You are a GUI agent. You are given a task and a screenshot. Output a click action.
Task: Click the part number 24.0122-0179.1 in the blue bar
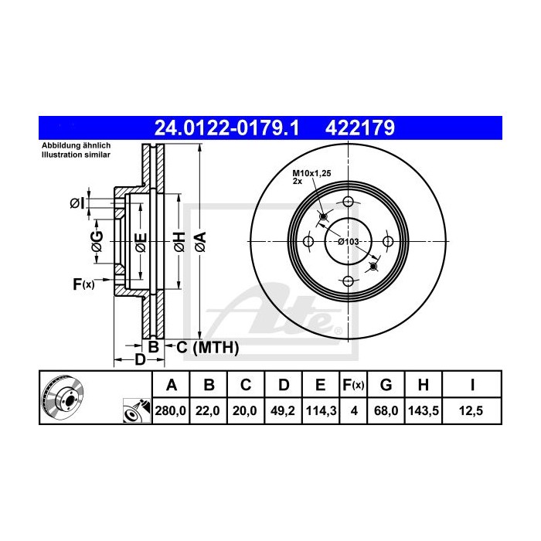point(226,128)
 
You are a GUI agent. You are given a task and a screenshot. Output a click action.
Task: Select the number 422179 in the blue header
point(360,128)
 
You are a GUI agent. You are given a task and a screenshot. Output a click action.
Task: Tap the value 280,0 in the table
point(171,411)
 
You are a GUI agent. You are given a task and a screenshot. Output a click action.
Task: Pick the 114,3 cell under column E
point(321,411)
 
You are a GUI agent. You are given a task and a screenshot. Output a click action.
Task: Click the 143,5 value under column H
point(424,411)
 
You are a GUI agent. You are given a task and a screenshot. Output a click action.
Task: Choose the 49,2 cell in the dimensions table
point(283,411)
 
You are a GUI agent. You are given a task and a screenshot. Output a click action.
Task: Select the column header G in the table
point(386,384)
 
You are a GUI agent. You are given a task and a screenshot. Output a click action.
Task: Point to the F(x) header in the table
point(353,384)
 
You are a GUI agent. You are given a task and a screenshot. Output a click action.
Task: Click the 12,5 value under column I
point(471,411)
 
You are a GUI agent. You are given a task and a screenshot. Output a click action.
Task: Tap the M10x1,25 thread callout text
point(311,173)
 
